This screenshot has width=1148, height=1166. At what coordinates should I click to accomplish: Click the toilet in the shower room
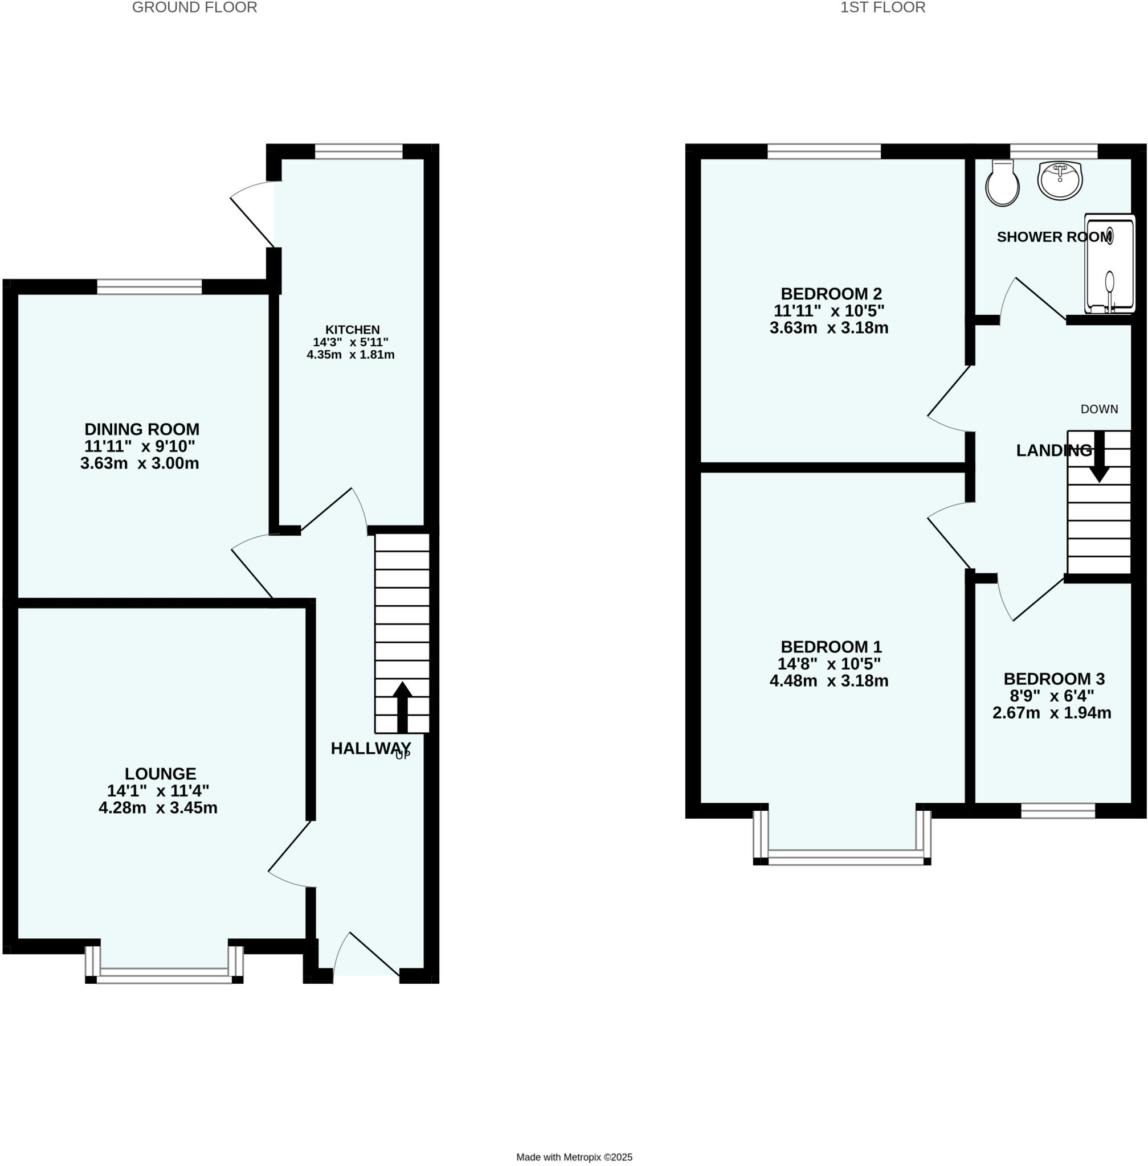pos(1002,184)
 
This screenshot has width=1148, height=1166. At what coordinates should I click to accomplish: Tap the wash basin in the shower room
pos(1060,179)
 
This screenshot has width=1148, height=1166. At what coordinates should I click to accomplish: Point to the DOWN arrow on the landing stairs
pos(1099,457)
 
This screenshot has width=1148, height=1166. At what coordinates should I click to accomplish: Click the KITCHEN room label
pos(353,330)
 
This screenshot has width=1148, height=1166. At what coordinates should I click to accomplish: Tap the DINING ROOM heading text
pos(142,430)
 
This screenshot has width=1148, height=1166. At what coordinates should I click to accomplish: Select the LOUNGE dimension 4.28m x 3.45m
pos(158,808)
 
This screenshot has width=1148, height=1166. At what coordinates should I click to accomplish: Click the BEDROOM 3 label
pos(1053,679)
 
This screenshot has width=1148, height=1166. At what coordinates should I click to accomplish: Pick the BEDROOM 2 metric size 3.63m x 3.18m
pos(828,329)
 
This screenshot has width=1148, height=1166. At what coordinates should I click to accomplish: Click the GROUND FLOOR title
pos(194,8)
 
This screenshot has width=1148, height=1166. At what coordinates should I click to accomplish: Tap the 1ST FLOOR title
pos(883,8)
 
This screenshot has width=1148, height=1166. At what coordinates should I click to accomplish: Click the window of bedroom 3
pos(1057,811)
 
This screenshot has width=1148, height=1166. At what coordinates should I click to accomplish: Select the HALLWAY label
pos(370,749)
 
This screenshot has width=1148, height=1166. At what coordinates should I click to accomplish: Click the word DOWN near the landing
pos(1099,409)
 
